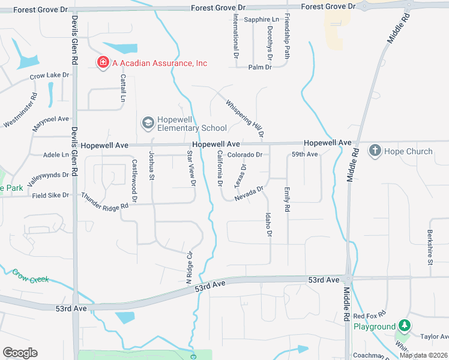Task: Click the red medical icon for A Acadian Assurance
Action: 103,62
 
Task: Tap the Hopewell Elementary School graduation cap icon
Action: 148,123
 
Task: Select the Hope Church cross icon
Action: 375,151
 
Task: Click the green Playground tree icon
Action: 405,326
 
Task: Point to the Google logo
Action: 20,353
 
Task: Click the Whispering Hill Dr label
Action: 245,118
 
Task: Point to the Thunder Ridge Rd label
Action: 105,200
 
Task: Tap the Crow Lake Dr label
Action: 50,76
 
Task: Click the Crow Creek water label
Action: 30,275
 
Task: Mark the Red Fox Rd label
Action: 368,316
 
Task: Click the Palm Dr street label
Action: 260,67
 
